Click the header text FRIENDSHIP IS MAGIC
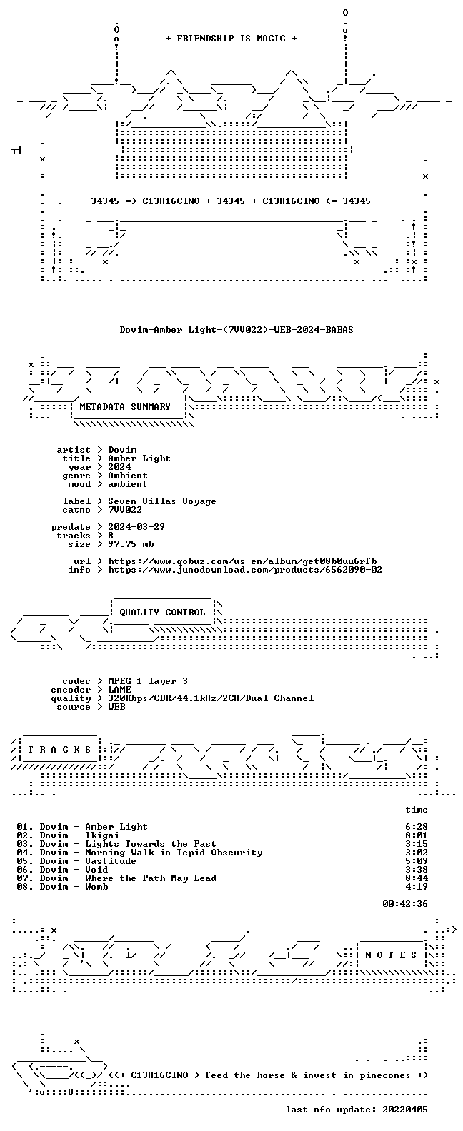[231, 39]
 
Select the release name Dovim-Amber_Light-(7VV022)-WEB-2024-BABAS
[237, 330]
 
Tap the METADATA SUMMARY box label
[125, 406]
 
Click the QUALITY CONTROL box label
[162, 613]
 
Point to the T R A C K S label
[59, 749]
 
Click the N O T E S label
[391, 955]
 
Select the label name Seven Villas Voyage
[162, 501]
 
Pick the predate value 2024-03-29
[136, 527]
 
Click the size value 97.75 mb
[131, 544]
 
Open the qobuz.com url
[242, 561]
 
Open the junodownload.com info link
[245, 570]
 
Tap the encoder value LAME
[119, 689]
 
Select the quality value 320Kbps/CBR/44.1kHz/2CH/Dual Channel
[211, 698]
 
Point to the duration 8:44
[417, 878]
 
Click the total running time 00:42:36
[405, 904]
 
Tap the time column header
[417, 810]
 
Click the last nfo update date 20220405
[405, 1110]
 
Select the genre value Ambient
[128, 475]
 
